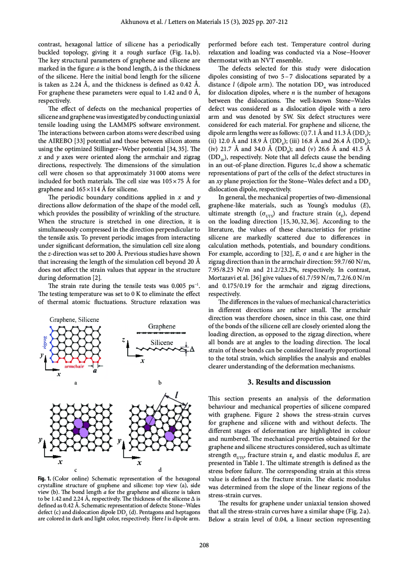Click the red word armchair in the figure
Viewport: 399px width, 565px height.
[74, 366]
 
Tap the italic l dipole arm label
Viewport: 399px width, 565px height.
[177, 395]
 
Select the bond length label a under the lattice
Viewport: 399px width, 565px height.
[95, 371]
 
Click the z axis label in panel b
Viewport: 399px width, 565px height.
[123, 340]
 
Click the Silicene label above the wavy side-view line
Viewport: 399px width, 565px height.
[162, 343]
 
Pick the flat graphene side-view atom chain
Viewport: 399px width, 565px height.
[161, 333]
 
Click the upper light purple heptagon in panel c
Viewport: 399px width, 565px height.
[78, 423]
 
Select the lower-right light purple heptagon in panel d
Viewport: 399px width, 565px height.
[170, 436]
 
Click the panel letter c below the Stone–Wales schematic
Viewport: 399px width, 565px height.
[76, 470]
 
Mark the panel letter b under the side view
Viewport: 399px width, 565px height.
[160, 383]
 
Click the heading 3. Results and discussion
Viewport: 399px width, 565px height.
[289, 382]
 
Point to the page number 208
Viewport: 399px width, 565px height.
[204, 545]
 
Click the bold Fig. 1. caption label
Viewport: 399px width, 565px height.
[45, 478]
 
